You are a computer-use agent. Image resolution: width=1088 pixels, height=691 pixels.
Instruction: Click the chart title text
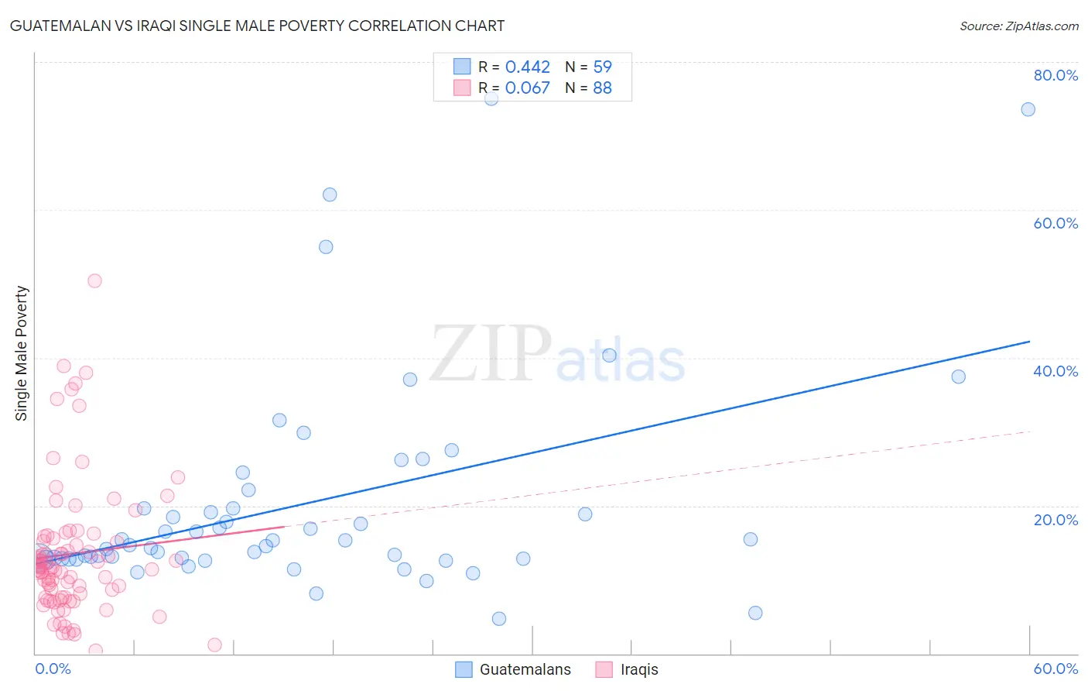pyautogui.click(x=257, y=26)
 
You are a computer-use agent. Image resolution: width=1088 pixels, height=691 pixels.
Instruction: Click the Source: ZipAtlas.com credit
pyautogui.click(x=1018, y=26)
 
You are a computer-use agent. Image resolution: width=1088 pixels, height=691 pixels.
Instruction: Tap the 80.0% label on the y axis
pyautogui.click(x=1055, y=75)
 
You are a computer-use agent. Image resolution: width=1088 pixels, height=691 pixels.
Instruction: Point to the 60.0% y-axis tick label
pyautogui.click(x=1055, y=223)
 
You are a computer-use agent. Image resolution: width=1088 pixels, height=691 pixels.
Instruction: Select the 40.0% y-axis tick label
pyautogui.click(x=1055, y=371)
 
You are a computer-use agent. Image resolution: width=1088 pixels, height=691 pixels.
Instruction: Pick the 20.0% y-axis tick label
pyautogui.click(x=1055, y=519)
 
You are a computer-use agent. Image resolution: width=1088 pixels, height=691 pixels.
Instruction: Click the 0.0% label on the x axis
pyautogui.click(x=53, y=669)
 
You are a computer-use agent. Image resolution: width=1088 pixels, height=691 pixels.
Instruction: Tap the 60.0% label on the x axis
pyautogui.click(x=1055, y=669)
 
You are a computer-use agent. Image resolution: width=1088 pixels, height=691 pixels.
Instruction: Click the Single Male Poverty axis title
pyautogui.click(x=22, y=353)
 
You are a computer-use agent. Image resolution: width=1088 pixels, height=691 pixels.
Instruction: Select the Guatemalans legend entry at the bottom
pyautogui.click(x=525, y=669)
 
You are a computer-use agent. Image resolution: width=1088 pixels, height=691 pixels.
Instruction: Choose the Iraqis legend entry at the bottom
pyautogui.click(x=639, y=669)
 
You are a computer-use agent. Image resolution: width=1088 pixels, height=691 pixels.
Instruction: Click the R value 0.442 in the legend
pyautogui.click(x=527, y=67)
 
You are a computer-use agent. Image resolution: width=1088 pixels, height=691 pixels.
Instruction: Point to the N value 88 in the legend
pyautogui.click(x=602, y=88)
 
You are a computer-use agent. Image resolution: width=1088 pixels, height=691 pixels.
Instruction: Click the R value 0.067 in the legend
pyautogui.click(x=527, y=88)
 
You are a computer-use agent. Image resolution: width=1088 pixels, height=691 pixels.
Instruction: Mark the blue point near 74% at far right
pyautogui.click(x=1028, y=109)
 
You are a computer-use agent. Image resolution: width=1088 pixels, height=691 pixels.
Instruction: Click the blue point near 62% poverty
pyautogui.click(x=330, y=194)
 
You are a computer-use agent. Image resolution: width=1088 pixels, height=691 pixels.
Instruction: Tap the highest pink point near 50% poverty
pyautogui.click(x=94, y=280)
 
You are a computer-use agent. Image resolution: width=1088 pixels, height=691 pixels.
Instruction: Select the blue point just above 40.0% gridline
pyautogui.click(x=609, y=356)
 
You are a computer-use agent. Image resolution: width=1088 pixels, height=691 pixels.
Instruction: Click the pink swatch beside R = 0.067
pyautogui.click(x=462, y=88)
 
